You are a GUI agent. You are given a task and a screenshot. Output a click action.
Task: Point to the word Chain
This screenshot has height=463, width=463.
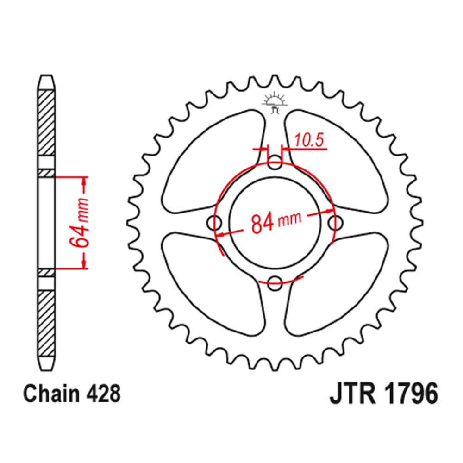point(46,394)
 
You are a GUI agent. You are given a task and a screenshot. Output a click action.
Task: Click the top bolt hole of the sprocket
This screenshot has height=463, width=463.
point(275,163)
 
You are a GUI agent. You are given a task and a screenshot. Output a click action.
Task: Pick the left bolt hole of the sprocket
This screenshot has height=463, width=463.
point(216,223)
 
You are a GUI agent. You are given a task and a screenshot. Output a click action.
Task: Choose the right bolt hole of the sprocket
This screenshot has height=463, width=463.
point(335,223)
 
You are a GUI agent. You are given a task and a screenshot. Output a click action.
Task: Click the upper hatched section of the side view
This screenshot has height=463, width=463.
point(46,123)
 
